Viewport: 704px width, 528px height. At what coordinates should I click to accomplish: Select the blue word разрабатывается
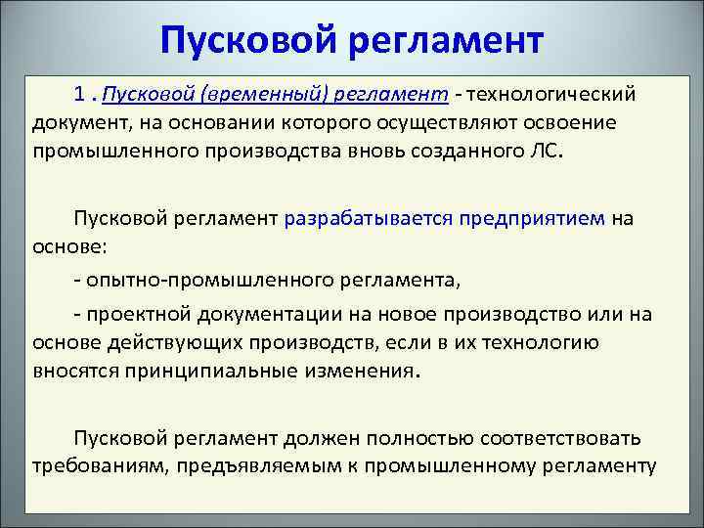pyautogui.click(x=367, y=218)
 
